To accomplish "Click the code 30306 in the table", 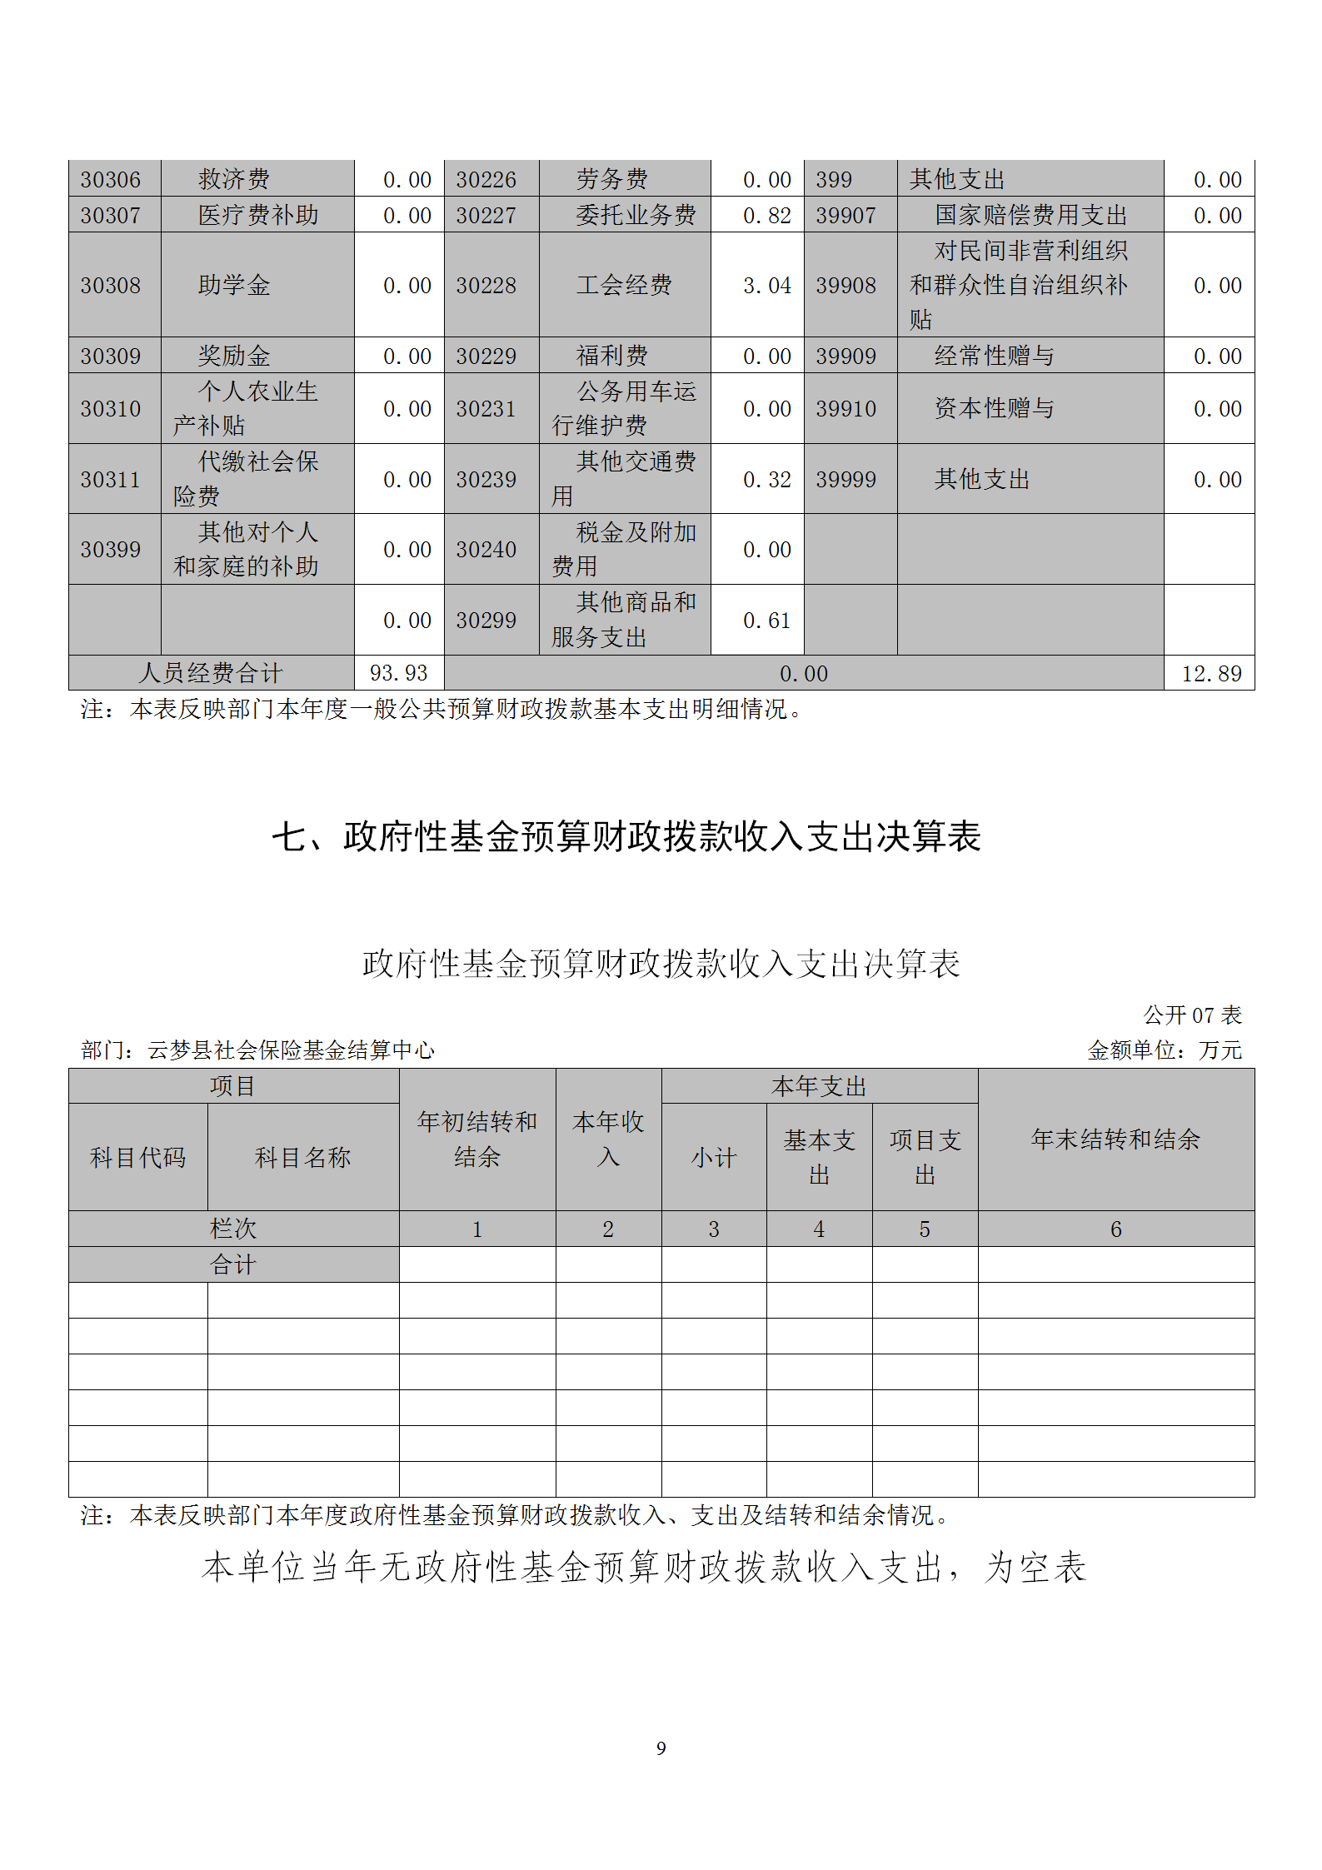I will (111, 180).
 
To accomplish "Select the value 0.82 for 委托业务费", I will (766, 216).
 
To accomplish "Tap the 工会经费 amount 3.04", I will (766, 286).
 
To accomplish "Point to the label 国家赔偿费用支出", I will (1030, 216).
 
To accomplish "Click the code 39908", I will (846, 286).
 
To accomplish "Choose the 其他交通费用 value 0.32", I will (766, 480).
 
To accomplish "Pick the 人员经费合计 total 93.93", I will (398, 673).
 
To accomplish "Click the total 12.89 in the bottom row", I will (1211, 674).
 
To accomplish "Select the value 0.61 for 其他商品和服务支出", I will (766, 621).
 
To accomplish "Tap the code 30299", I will (486, 621).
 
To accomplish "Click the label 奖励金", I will (234, 357).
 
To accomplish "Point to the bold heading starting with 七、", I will (626, 836).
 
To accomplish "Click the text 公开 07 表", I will (1192, 1015).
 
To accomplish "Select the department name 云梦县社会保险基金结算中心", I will (291, 1050).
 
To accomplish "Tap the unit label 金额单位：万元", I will (1165, 1050).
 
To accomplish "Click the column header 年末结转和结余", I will (1115, 1139).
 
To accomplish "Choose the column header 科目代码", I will (137, 1158).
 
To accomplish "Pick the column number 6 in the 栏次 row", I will (1115, 1229).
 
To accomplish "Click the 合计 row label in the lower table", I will (233, 1265).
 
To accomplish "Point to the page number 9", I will (661, 1748).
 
